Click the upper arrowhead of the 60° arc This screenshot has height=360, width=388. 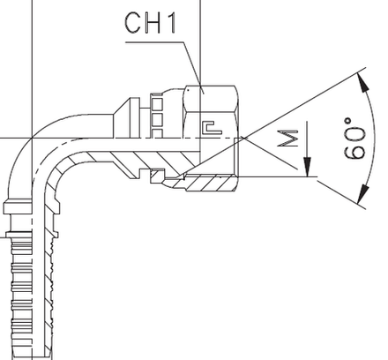click(x=362, y=77)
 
